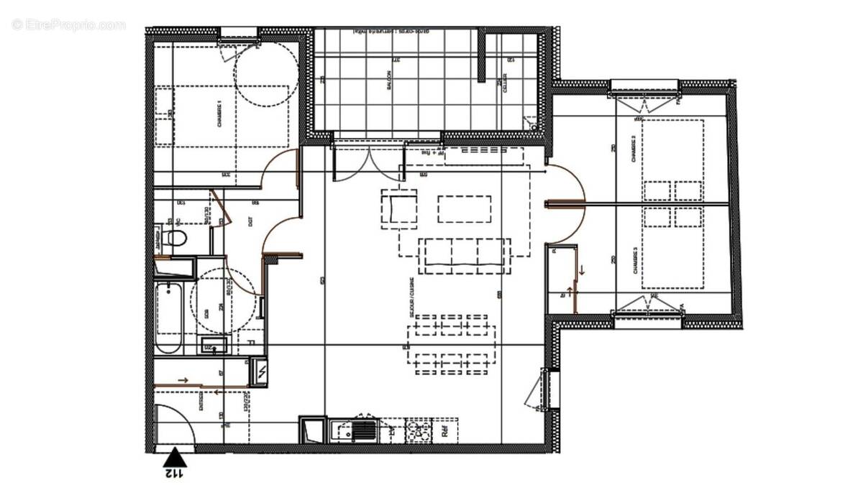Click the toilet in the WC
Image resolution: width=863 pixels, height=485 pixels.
point(173,238)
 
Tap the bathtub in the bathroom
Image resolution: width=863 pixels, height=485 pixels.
point(169,317)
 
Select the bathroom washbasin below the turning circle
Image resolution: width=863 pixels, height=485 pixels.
point(214,345)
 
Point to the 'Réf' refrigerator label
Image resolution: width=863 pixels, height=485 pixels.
point(445,432)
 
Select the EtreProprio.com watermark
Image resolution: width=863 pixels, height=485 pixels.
point(69,24)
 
